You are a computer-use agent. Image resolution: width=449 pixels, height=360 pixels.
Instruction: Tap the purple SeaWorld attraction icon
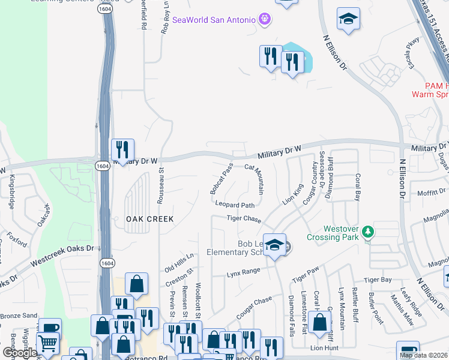pos(265,20)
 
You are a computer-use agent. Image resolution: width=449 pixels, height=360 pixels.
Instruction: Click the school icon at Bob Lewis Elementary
pos(274,245)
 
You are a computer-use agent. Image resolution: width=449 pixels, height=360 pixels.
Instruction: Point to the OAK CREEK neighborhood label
pos(149,219)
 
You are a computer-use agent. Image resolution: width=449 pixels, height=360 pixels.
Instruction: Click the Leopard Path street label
pos(235,205)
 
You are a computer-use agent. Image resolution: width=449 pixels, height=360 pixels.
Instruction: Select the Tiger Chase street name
pos(244,219)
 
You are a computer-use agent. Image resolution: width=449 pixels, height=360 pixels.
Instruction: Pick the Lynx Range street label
pos(243,272)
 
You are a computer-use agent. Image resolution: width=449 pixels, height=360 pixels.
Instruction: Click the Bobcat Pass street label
pos(221,178)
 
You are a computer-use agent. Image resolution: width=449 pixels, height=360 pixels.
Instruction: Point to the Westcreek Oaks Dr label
pos(62,248)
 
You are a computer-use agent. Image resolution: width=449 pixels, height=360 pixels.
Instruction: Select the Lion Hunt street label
pos(325,347)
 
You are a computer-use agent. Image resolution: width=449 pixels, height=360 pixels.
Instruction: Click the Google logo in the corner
pos(19,353)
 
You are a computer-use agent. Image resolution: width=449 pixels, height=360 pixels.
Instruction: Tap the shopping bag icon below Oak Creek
pos(137,284)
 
